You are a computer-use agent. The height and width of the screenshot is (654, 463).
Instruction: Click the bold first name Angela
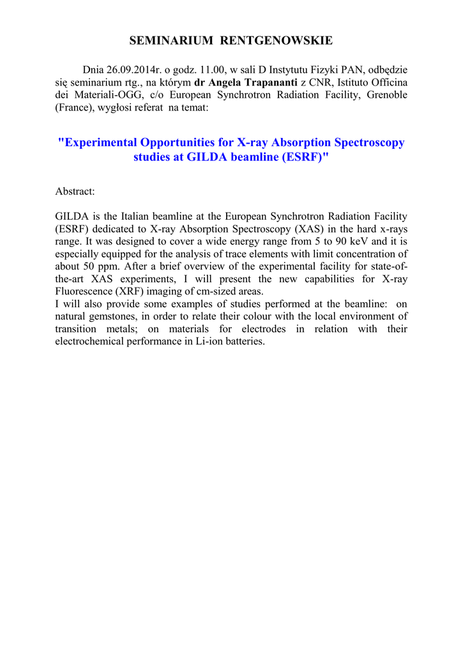tap(225, 83)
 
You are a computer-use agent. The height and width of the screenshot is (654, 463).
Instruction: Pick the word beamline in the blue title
tap(246, 157)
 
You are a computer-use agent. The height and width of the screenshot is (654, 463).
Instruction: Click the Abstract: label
tap(75, 192)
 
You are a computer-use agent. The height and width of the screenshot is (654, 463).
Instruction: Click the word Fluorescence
tap(84, 292)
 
